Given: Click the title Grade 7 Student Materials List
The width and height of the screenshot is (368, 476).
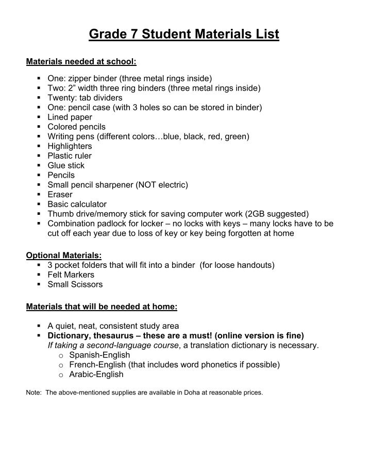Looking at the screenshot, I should click(x=184, y=35).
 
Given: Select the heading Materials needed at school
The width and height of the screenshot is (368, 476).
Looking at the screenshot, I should click(x=81, y=62).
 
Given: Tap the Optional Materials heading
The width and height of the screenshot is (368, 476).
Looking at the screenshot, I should click(x=63, y=255).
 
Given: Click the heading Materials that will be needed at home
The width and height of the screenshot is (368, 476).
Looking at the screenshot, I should click(x=102, y=307).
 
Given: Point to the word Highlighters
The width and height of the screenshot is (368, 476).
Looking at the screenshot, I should click(x=70, y=146).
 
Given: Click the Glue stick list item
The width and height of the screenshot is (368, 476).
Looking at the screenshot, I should click(x=66, y=165).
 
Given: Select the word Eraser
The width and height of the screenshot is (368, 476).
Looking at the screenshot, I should click(x=60, y=195).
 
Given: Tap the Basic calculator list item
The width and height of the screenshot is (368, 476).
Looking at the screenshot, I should click(x=77, y=205).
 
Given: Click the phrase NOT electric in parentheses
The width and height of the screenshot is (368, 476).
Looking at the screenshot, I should click(x=160, y=185).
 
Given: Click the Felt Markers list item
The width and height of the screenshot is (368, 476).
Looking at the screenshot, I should click(x=71, y=275).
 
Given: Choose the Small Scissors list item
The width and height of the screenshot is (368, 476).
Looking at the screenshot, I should click(x=75, y=284).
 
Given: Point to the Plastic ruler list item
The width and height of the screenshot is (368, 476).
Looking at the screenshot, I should click(x=70, y=156).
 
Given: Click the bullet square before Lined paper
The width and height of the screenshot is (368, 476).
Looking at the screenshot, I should click(x=39, y=117).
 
